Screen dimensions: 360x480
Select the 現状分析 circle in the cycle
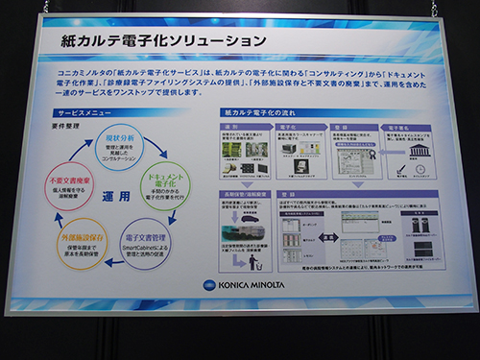(119, 151)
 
